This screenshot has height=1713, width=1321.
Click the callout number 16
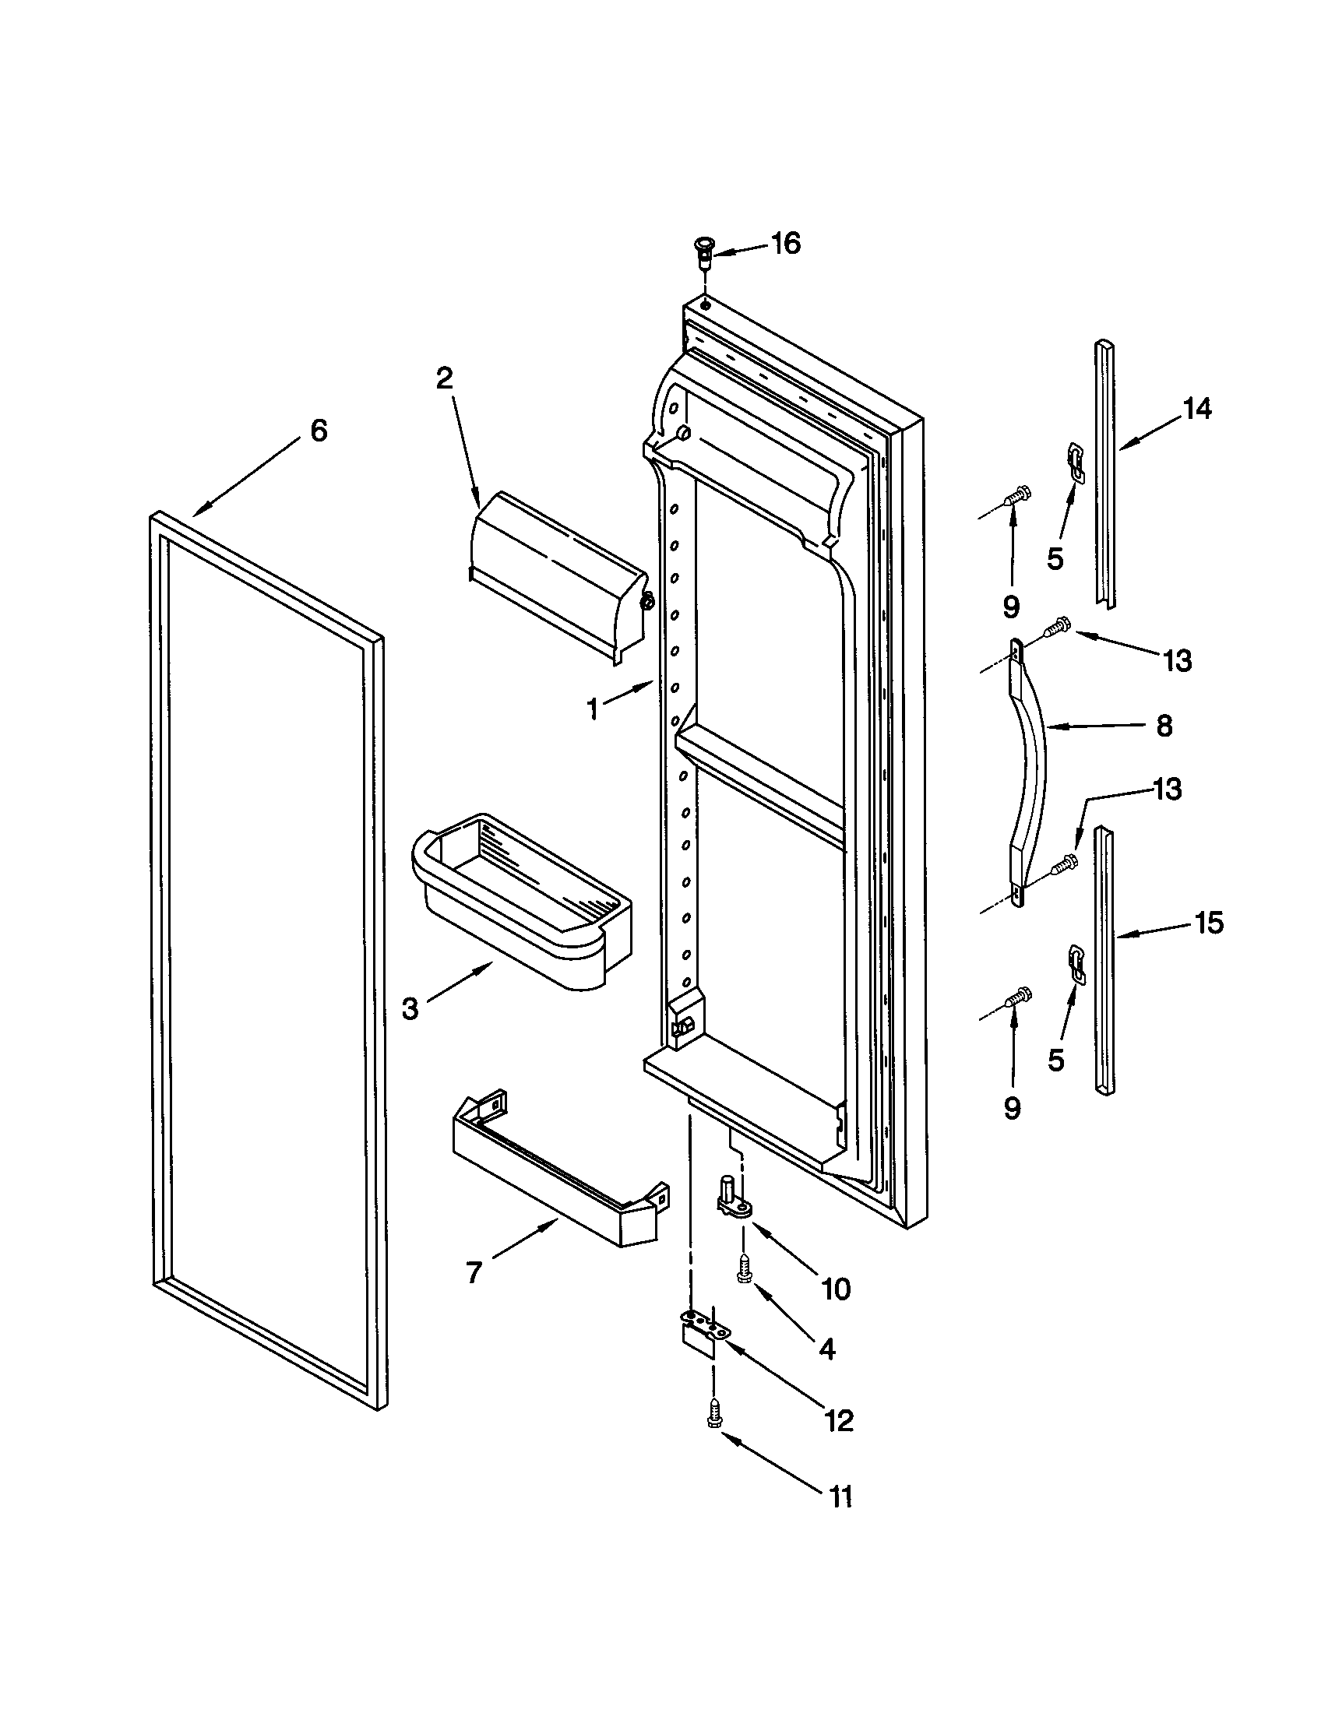[x=785, y=244]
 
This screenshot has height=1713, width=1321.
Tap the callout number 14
[x=1197, y=409]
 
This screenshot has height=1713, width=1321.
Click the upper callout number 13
[x=1177, y=660]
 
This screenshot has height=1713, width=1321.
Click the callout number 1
[x=593, y=709]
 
